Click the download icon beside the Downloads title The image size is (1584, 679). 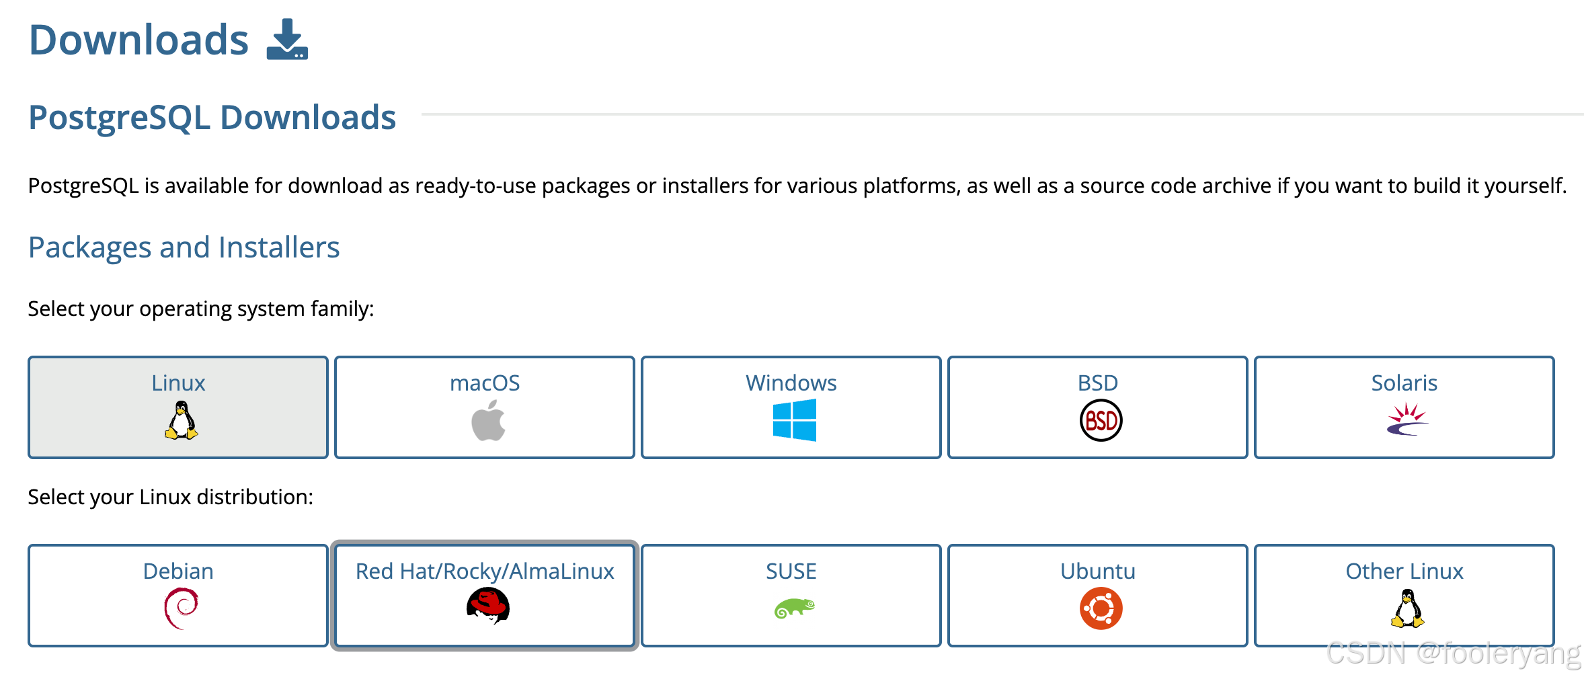pyautogui.click(x=287, y=40)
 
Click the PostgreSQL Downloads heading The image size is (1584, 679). pyautogui.click(x=212, y=118)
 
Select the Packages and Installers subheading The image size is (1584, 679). pyautogui.click(x=184, y=247)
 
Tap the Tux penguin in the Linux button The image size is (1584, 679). pyautogui.click(x=181, y=421)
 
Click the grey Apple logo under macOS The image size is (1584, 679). pyautogui.click(x=488, y=421)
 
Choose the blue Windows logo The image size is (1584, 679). pyautogui.click(x=794, y=420)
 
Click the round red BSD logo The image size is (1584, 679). pyautogui.click(x=1101, y=421)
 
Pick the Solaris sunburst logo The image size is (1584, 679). pyautogui.click(x=1407, y=420)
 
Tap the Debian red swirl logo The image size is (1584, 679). pyautogui.click(x=181, y=608)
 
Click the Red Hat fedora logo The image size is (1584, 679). pyautogui.click(x=488, y=606)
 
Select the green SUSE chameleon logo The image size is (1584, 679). pyautogui.click(x=794, y=608)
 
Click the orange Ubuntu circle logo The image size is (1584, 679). pyautogui.click(x=1101, y=608)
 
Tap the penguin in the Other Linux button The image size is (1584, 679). pyautogui.click(x=1407, y=608)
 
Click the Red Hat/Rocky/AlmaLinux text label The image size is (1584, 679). pyautogui.click(x=485, y=571)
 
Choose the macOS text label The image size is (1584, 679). pyautogui.click(x=485, y=383)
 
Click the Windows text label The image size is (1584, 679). pyautogui.click(x=791, y=383)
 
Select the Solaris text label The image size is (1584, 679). pyautogui.click(x=1404, y=383)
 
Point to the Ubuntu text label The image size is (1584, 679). pyautogui.click(x=1097, y=571)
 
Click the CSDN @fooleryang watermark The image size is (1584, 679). pyautogui.click(x=1454, y=653)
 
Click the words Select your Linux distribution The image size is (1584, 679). pyautogui.click(x=170, y=497)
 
